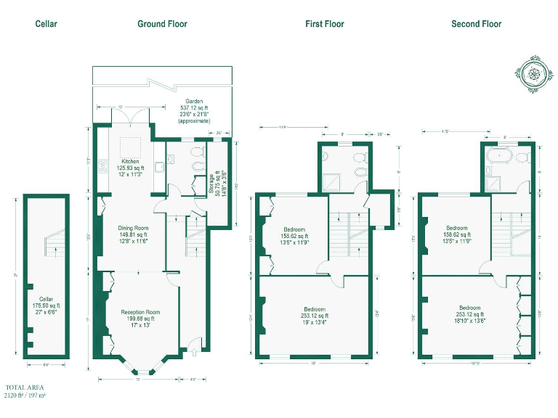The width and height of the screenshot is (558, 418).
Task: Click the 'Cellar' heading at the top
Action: pos(46,24)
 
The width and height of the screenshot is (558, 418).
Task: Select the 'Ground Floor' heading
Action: pos(162,24)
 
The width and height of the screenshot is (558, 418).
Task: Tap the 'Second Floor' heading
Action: pos(476,24)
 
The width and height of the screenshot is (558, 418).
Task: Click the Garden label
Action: pos(194,102)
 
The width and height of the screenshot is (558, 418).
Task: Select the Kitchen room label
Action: pos(130,161)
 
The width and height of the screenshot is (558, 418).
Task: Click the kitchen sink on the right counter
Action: pos(159,167)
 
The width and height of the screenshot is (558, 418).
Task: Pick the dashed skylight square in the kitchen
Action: pos(131,144)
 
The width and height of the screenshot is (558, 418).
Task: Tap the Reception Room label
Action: pos(140,312)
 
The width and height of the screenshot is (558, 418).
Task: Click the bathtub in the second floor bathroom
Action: pos(502,156)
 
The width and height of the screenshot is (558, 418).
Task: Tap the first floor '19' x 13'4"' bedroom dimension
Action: pos(315,323)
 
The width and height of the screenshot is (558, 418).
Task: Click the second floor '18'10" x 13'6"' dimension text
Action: pos(477,323)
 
